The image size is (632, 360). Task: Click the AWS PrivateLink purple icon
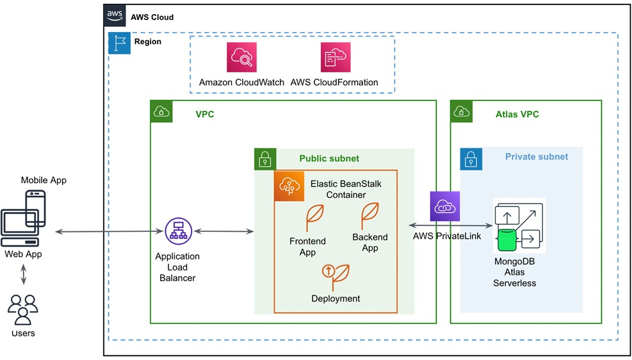pyautogui.click(x=444, y=206)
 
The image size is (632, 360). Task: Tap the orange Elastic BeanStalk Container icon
pyautogui.click(x=289, y=186)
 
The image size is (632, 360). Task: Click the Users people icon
pyautogui.click(x=22, y=309)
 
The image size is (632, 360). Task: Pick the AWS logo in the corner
pyautogui.click(x=115, y=16)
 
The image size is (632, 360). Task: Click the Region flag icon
pyautogui.click(x=120, y=43)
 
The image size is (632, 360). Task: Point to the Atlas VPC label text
pyautogui.click(x=517, y=115)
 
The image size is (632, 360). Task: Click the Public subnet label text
pyautogui.click(x=329, y=158)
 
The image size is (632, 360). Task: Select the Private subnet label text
pyautogui.click(x=536, y=156)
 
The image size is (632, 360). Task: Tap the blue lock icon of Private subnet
pyautogui.click(x=471, y=159)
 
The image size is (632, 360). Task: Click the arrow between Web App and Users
pyautogui.click(x=24, y=274)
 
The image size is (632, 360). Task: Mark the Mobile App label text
pyautogui.click(x=44, y=180)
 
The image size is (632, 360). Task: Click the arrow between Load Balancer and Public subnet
pyautogui.click(x=223, y=231)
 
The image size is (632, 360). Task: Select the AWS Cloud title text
pyautogui.click(x=152, y=17)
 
